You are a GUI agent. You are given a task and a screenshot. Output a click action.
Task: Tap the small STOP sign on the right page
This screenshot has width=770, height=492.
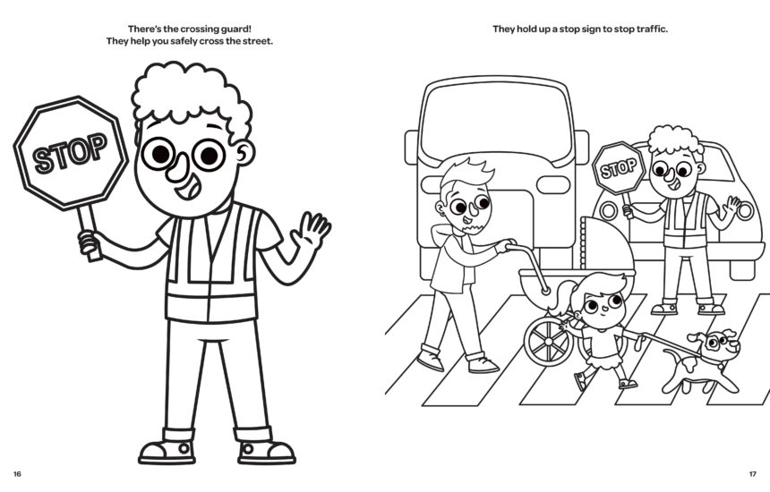coord(617,167)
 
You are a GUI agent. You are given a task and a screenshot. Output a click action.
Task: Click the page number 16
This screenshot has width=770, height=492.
coord(17,472)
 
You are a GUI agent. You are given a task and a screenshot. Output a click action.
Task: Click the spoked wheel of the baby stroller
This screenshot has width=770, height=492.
coord(547,342)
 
